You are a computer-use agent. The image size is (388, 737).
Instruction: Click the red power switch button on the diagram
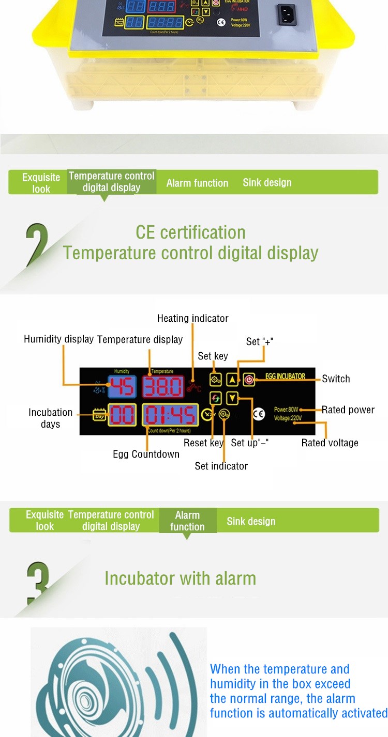[249, 380]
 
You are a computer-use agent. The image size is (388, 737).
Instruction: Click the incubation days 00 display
[122, 415]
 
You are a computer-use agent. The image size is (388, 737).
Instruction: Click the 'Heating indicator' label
[192, 319]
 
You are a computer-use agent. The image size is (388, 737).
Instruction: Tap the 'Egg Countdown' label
[146, 454]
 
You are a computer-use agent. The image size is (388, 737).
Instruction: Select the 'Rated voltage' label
[330, 443]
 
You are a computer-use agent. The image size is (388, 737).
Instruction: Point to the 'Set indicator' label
[221, 466]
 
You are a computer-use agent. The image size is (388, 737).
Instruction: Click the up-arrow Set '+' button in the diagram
[233, 380]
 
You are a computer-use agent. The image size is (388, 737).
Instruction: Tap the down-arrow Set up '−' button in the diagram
[233, 398]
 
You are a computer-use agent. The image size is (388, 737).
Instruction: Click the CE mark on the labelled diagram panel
[259, 414]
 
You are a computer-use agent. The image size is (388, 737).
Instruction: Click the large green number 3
[37, 583]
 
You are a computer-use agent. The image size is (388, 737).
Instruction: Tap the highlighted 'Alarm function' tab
[187, 521]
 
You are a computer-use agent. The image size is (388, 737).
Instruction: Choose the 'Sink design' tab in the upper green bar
[267, 182]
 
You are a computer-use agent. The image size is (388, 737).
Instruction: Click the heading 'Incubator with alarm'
[180, 578]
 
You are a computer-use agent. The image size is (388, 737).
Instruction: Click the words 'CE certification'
[190, 232]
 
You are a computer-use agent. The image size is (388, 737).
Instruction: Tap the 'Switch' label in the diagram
[336, 379]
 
